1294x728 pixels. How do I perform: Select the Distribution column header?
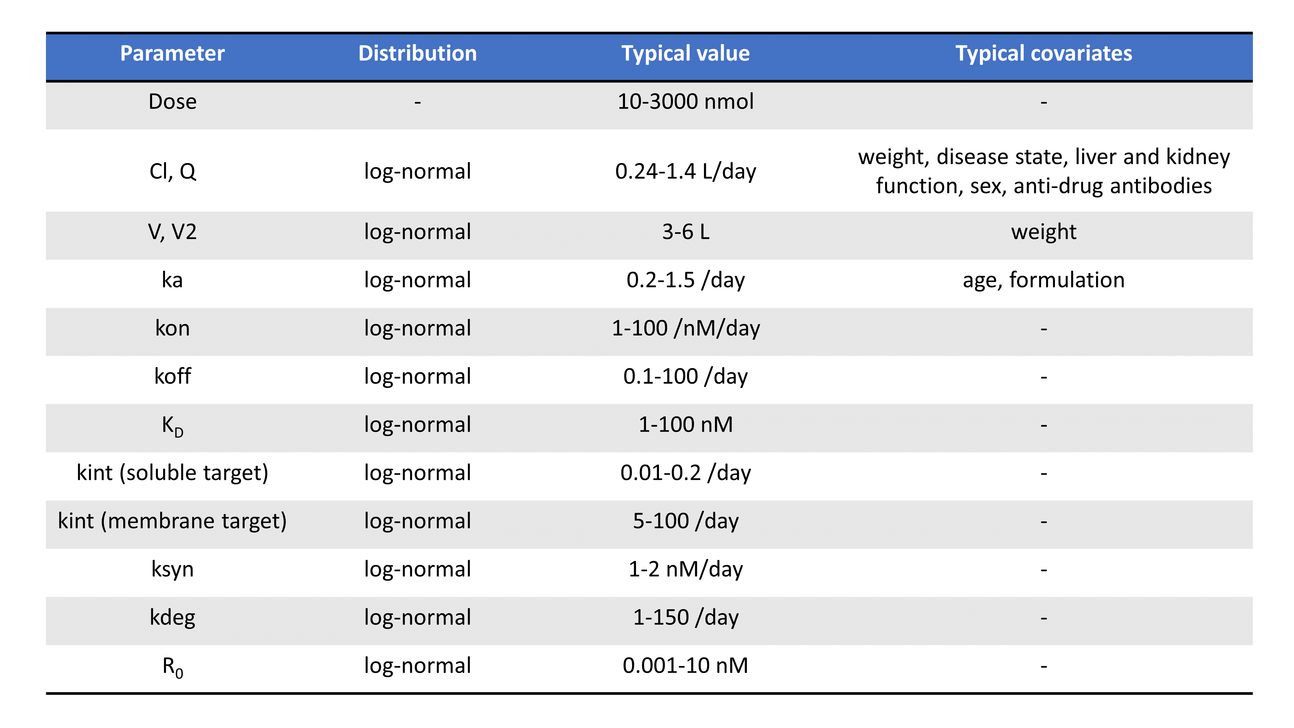pos(417,53)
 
